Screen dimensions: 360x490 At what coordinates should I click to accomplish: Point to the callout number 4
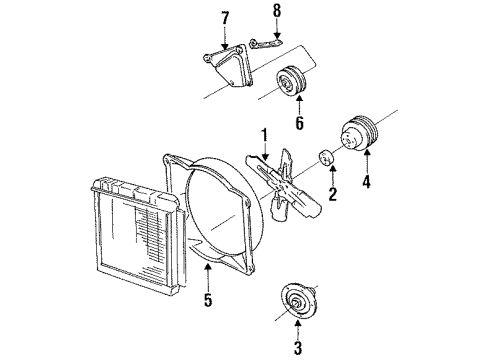coord(366,182)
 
